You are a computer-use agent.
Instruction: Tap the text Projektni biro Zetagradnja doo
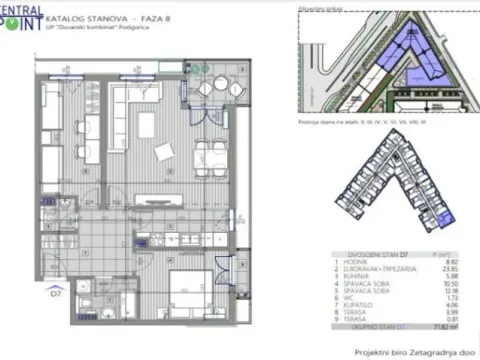[411, 351]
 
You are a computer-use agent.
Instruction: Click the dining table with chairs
[207, 151]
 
